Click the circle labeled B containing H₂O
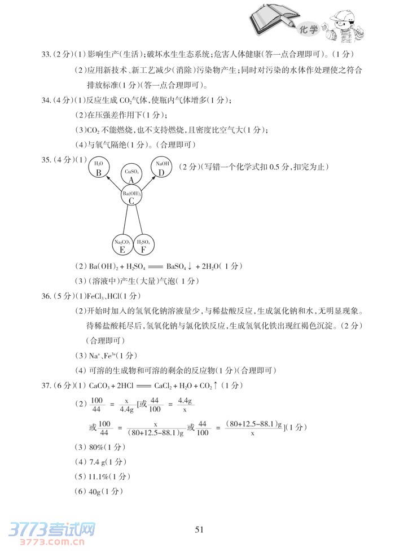(x=99, y=169)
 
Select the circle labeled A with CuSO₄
(x=131, y=174)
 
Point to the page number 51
(x=198, y=529)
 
